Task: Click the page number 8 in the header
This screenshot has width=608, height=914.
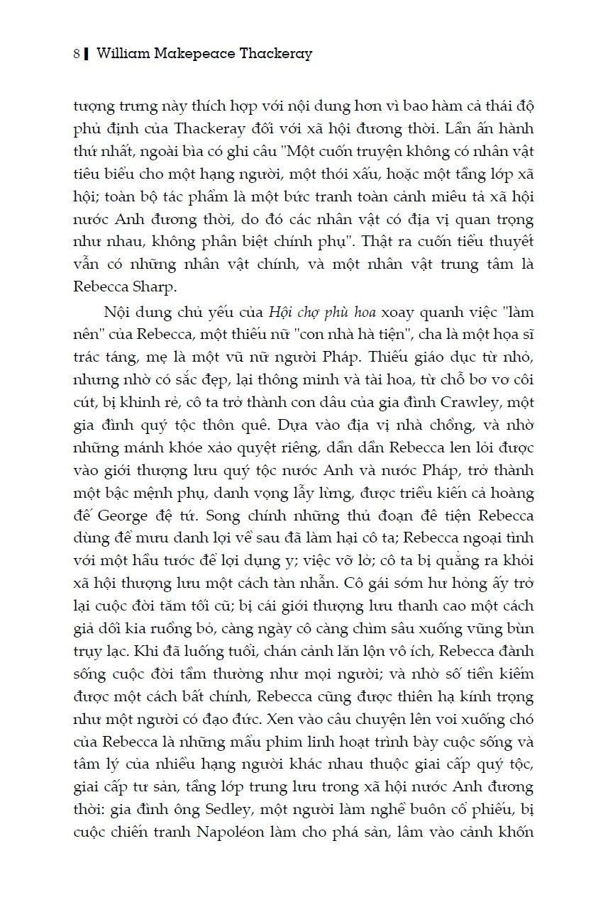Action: point(76,54)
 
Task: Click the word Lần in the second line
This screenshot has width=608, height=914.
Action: point(477,130)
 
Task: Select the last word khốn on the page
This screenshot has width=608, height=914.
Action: point(514,831)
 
